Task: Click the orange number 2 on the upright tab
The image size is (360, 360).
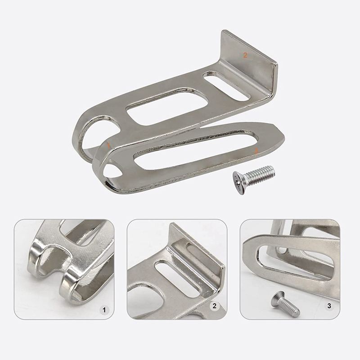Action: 245,55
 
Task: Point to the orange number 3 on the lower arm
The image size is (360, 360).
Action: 256,150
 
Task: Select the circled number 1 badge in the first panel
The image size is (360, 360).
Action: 104,310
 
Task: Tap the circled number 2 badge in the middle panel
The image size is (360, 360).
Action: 215,306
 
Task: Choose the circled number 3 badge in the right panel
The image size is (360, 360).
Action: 329,306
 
